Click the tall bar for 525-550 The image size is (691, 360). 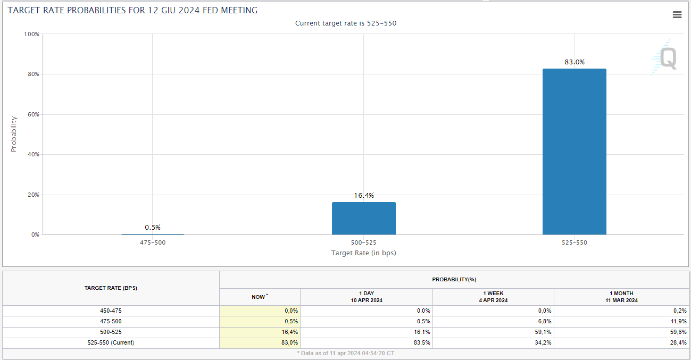(574, 152)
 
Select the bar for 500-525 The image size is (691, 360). (363, 218)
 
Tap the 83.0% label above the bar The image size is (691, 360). (575, 62)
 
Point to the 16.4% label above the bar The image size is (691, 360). (364, 196)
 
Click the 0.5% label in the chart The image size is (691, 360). (153, 228)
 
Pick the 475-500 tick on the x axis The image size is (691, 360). (153, 242)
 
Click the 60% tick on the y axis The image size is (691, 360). (33, 114)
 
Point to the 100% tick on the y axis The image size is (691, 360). (32, 34)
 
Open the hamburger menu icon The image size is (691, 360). (677, 15)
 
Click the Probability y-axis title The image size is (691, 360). (14, 134)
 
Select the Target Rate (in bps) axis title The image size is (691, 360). (363, 253)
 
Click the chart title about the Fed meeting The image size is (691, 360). (132, 10)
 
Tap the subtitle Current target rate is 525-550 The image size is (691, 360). (346, 23)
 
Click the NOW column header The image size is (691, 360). (259, 297)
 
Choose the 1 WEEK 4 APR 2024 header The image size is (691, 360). (493, 297)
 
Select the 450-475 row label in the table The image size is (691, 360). (111, 311)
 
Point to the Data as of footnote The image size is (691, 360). (346, 353)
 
